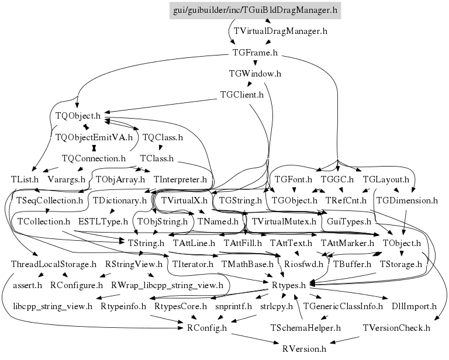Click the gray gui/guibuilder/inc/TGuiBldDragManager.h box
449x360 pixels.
[x=255, y=11]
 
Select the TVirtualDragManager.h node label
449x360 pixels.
[x=281, y=31]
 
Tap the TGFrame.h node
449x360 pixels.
[x=255, y=53]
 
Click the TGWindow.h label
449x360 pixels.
[x=255, y=74]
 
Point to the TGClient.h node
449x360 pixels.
[x=241, y=95]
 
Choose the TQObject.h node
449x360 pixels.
[x=78, y=116]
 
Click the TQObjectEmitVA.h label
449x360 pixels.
[x=94, y=137]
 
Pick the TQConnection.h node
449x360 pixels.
[x=94, y=158]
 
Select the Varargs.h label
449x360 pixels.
[x=67, y=180]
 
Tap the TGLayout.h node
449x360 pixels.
[x=386, y=180]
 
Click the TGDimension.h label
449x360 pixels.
[x=407, y=200]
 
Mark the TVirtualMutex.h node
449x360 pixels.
[x=284, y=221]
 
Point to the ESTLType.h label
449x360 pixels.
[x=103, y=221]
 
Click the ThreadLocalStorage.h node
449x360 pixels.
[x=54, y=264]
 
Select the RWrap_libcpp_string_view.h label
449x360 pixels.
[x=167, y=285]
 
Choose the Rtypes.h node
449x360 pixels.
[x=289, y=285]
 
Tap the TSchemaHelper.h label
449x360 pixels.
[x=306, y=328]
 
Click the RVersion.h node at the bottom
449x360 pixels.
[x=304, y=349]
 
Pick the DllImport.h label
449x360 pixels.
[x=414, y=306]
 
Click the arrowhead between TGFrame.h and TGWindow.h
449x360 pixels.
[x=255, y=63]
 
